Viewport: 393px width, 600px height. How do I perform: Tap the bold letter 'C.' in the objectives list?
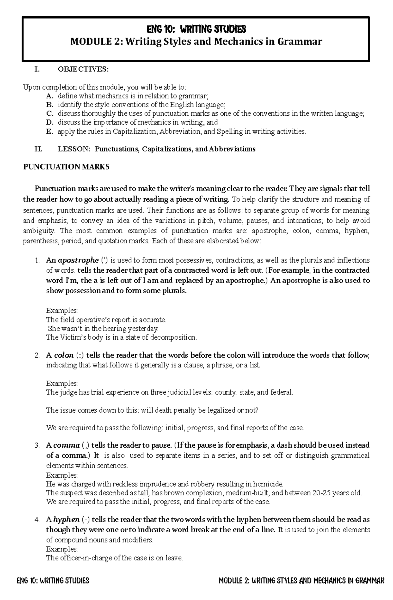50,114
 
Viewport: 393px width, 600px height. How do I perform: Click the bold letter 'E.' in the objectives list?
49,132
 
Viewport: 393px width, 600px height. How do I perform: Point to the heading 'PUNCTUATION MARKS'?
66,167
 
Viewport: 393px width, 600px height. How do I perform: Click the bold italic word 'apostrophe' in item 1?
78,260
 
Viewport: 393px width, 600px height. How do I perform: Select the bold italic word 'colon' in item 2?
64,355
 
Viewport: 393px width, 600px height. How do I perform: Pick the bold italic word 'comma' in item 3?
66,445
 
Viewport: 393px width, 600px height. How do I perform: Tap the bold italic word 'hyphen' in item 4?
66,520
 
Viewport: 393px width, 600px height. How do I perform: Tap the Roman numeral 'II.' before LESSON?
38,149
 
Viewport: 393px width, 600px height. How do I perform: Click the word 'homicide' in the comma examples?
270,484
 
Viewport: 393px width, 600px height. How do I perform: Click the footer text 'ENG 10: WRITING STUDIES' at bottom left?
53,581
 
